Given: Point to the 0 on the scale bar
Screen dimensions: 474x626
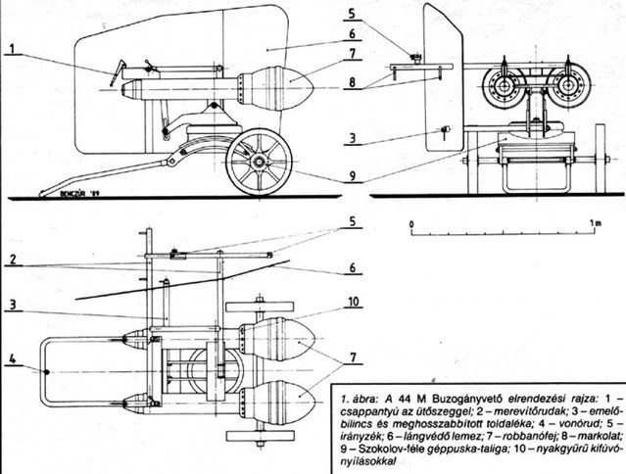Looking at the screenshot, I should [x=413, y=226].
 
